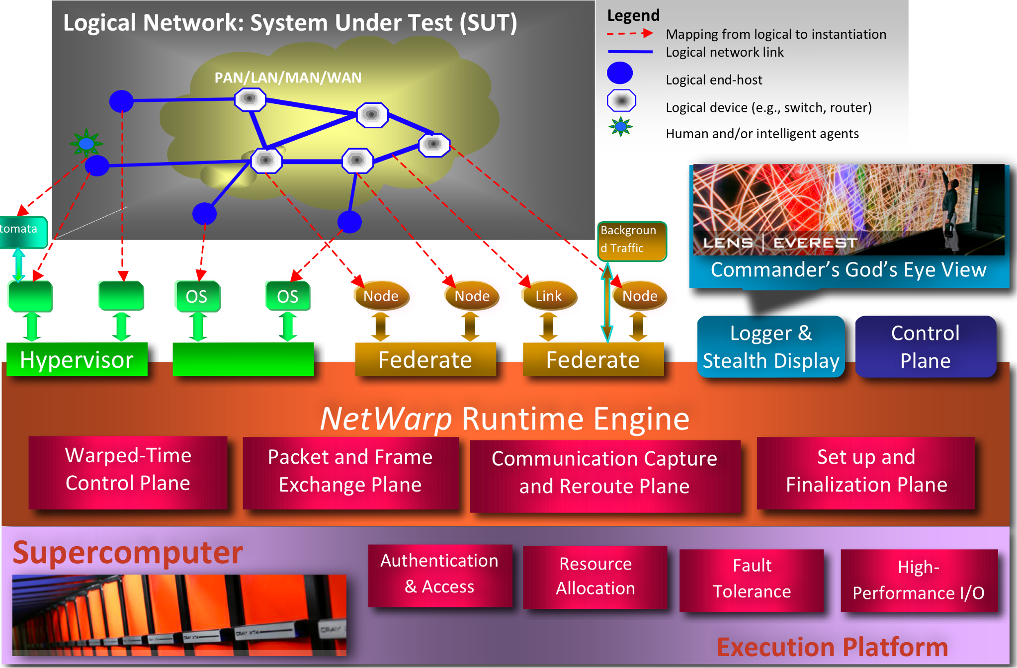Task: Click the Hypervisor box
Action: click(x=77, y=359)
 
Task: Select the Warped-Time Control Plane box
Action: click(x=128, y=470)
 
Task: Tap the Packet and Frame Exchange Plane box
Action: click(x=350, y=471)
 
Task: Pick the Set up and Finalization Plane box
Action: click(x=866, y=471)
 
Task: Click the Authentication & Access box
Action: click(x=439, y=574)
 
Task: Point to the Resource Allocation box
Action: click(x=595, y=577)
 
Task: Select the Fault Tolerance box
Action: click(x=752, y=579)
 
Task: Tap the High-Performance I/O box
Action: click(x=919, y=581)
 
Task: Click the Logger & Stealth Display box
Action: click(x=770, y=347)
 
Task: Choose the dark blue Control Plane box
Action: click(x=925, y=347)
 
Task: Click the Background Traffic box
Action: click(x=632, y=241)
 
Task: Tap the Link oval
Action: click(x=549, y=296)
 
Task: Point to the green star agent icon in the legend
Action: click(x=620, y=127)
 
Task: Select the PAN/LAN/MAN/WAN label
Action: click(x=288, y=78)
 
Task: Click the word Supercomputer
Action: click(x=128, y=553)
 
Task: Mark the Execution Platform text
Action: click(x=832, y=647)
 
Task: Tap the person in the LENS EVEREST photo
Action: click(x=949, y=209)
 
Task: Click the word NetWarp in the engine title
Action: click(x=386, y=419)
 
